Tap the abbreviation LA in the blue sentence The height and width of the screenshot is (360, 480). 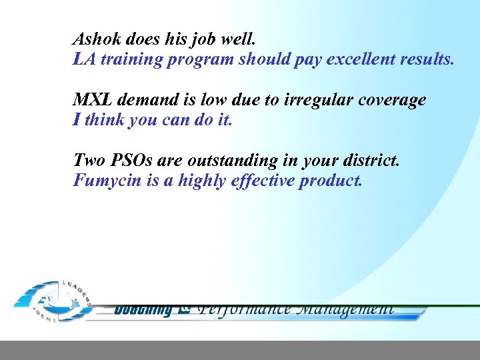coord(84,59)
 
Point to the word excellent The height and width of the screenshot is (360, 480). coord(361,59)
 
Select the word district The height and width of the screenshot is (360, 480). coord(372,161)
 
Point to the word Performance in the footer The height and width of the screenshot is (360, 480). coord(244,309)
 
